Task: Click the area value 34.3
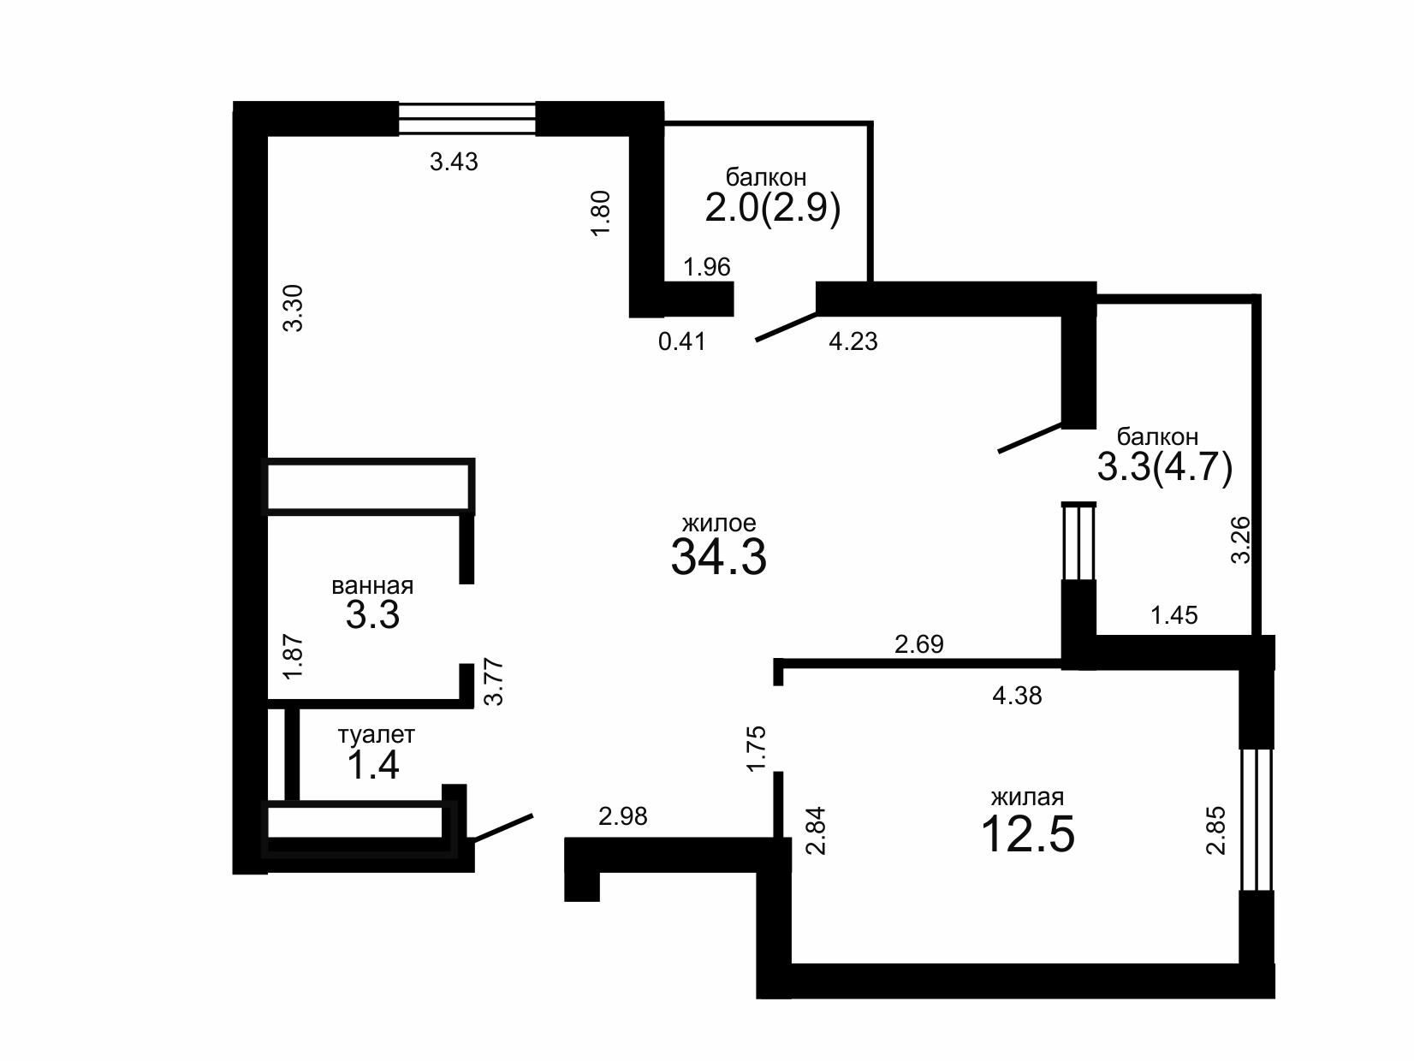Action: [718, 557]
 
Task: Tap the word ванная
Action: [372, 586]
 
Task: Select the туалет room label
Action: [377, 735]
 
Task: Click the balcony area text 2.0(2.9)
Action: [772, 208]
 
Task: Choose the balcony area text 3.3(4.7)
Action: [1165, 467]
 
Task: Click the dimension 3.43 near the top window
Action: [454, 162]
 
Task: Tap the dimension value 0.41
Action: [682, 341]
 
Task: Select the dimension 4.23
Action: [853, 341]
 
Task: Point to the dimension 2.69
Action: [919, 643]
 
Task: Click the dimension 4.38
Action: [1017, 696]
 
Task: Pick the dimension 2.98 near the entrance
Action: [623, 816]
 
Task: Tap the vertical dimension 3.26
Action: [1240, 540]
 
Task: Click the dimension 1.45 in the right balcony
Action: [1174, 615]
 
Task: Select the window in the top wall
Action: [467, 118]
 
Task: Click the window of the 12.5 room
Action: [1257, 820]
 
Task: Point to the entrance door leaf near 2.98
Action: [504, 827]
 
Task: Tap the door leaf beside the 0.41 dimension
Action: [786, 326]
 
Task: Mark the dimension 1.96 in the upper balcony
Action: [707, 267]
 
